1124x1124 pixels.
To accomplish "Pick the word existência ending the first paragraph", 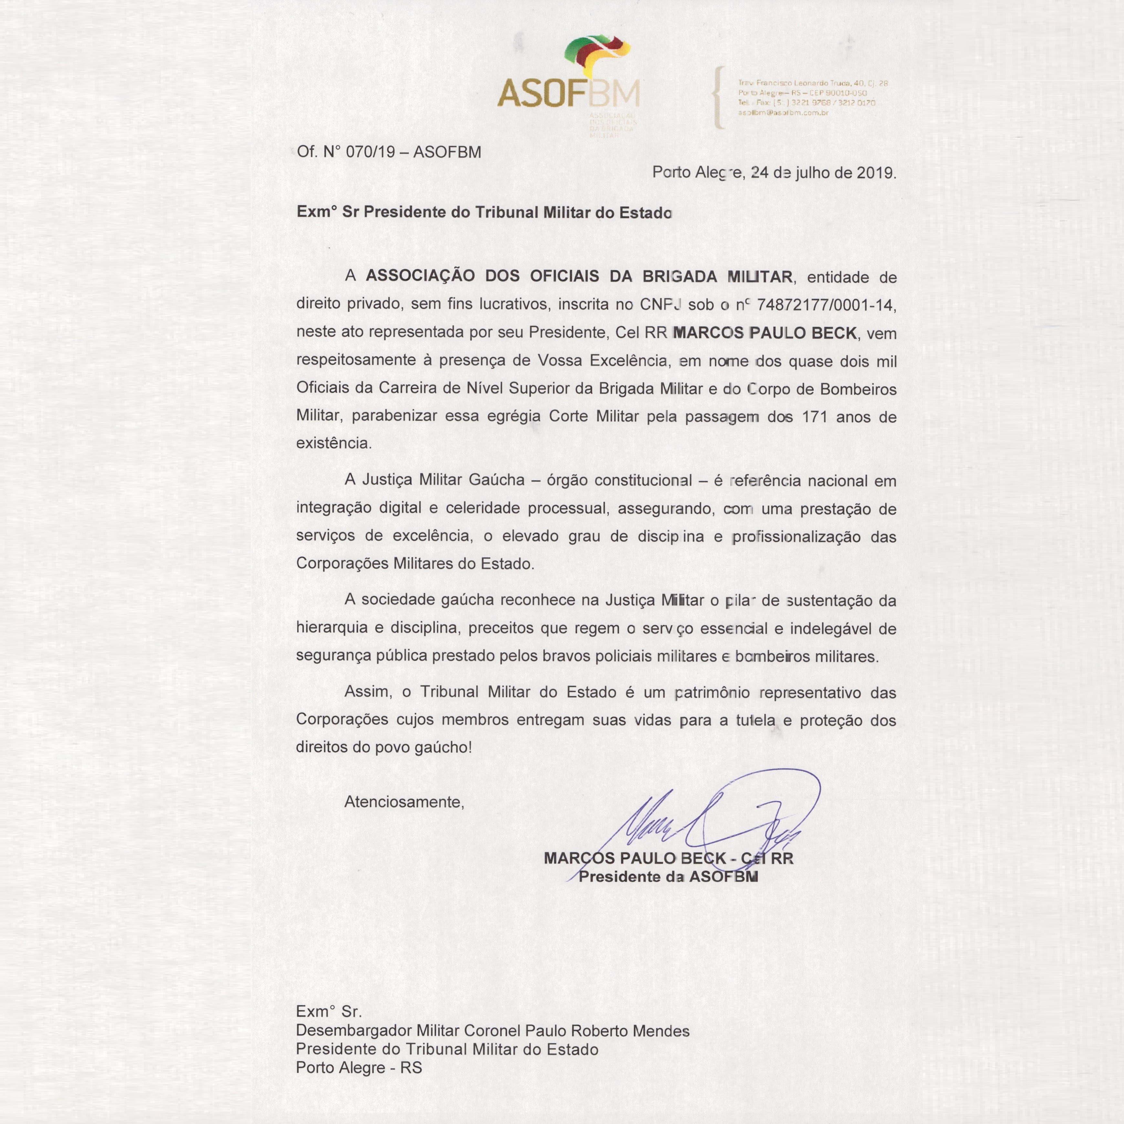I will tap(333, 443).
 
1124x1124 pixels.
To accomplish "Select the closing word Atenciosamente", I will tap(404, 802).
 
